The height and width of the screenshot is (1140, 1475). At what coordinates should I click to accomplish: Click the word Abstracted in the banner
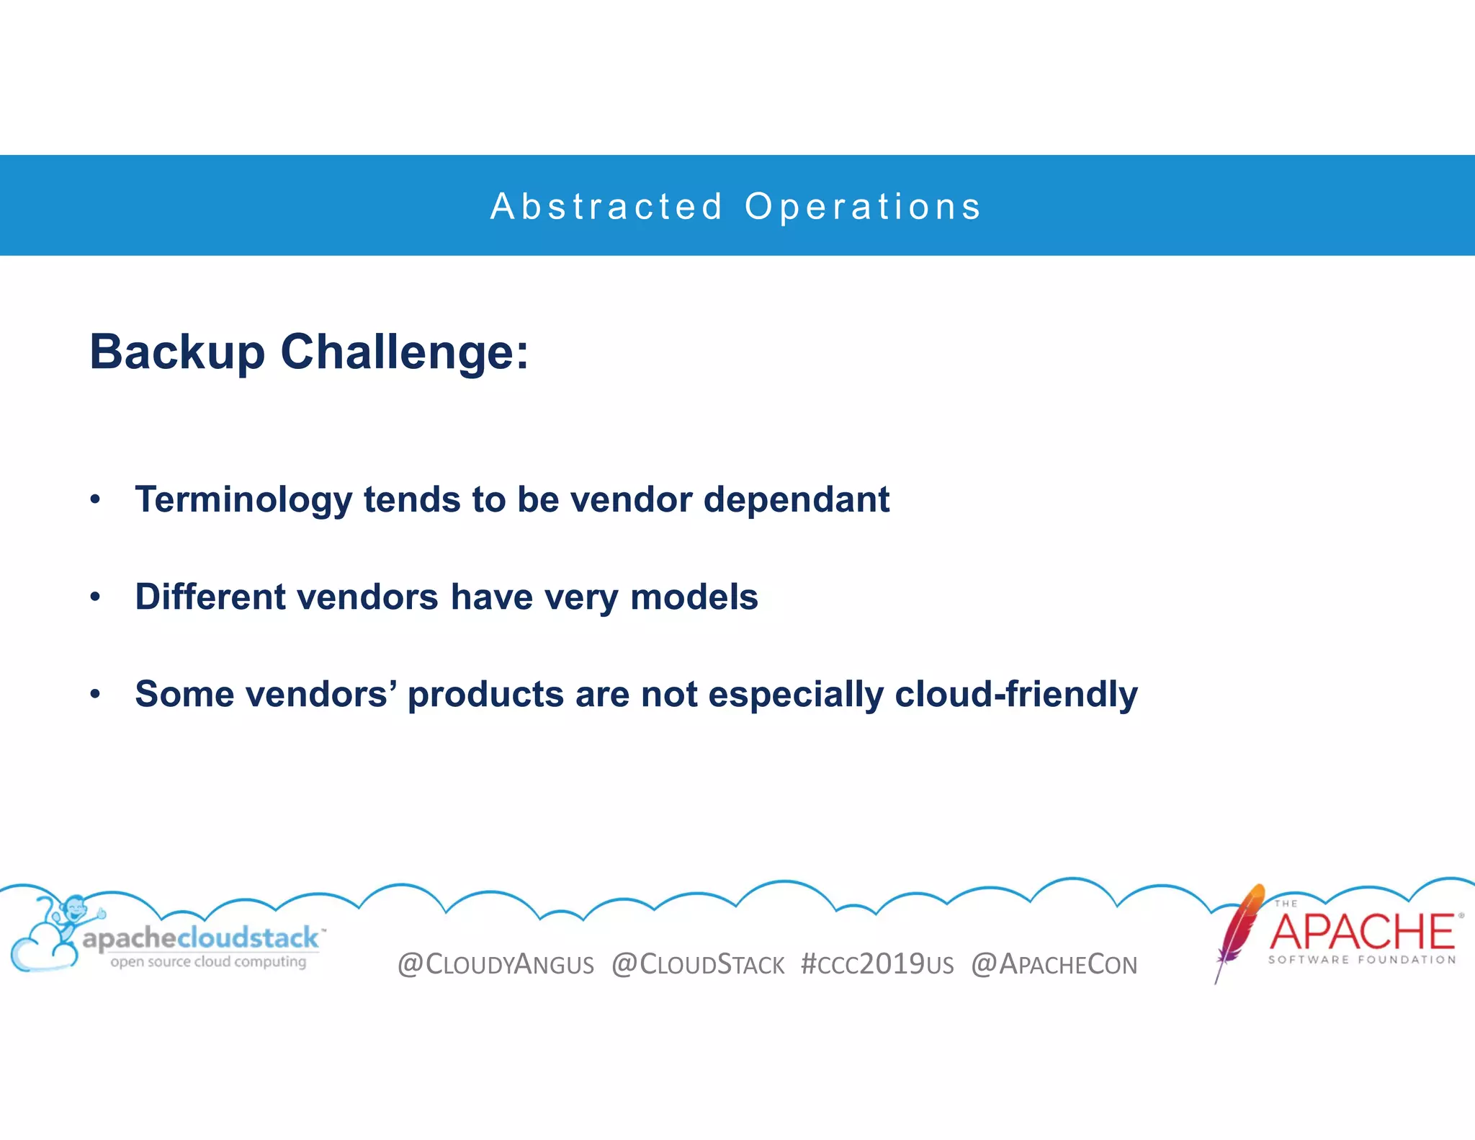(606, 207)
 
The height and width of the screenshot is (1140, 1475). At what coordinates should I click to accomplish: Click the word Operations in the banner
(863, 207)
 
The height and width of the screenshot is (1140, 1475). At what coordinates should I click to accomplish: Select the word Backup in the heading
(177, 352)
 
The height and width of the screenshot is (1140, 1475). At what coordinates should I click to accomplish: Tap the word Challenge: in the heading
(404, 352)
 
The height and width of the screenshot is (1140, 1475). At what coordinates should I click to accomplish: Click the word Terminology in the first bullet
(243, 500)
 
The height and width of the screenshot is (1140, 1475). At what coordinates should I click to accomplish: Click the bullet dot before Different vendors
(95, 597)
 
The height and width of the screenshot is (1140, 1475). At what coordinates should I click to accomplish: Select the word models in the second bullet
(694, 597)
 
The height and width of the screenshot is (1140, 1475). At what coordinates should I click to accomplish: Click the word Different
(210, 597)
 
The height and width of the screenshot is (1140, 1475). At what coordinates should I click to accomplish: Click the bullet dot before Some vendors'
(95, 694)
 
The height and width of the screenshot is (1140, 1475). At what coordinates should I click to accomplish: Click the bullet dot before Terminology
(95, 499)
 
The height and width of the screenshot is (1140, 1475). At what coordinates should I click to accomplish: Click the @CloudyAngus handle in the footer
(496, 964)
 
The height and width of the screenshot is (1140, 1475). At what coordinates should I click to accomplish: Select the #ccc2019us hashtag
(877, 964)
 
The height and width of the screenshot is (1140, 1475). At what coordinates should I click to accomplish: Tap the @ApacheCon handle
(1054, 964)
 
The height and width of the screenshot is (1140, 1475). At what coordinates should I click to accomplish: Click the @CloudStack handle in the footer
(697, 964)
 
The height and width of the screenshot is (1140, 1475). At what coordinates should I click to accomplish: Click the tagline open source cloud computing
(208, 961)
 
